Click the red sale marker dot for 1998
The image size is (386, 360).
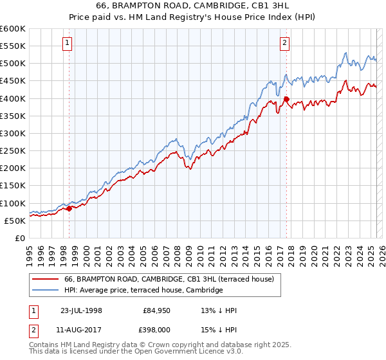pos(69,208)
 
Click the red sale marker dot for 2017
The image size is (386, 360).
pos(286,99)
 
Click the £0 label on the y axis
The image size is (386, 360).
pos(19,238)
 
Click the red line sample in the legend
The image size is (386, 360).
pos(45,279)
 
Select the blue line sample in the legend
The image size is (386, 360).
pos(45,291)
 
